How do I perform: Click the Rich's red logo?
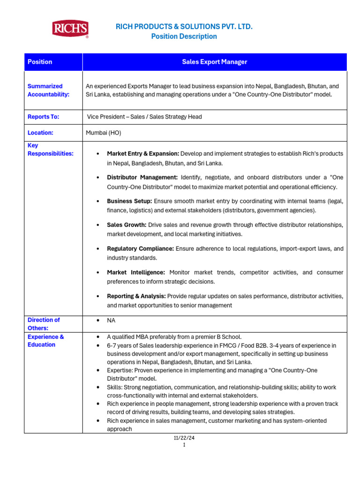coord(70,29)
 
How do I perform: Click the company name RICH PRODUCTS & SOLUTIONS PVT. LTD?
coord(184,27)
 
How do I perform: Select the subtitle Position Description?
coord(184,37)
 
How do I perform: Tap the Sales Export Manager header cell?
coord(214,62)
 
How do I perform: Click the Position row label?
coord(40,62)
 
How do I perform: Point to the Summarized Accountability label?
coord(48,90)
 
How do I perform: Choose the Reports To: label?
coord(43,117)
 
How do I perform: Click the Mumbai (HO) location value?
coord(103,133)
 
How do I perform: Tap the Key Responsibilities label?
coord(50,150)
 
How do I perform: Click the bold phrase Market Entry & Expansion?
coord(143,154)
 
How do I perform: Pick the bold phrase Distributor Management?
coord(142,177)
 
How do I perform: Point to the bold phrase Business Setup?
coord(129,201)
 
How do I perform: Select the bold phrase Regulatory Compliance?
coord(140,248)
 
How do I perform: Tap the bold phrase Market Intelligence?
coord(136,272)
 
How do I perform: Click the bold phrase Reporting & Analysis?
coord(136,296)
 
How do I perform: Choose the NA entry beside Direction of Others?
coord(111,321)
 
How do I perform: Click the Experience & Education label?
coord(45,341)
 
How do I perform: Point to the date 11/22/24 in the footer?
coord(184,438)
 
